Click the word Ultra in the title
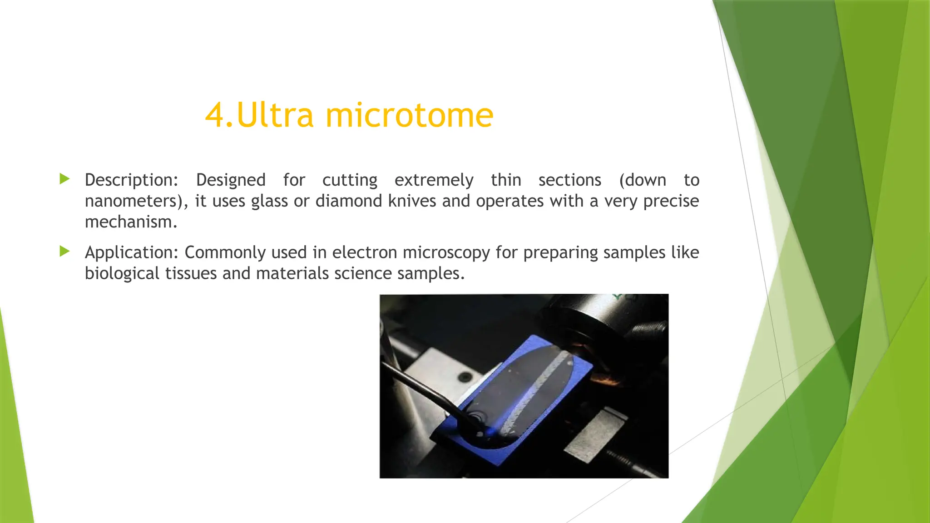[x=275, y=115]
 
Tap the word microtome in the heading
[x=409, y=115]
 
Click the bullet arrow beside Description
[x=64, y=179]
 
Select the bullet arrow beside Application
[x=64, y=251]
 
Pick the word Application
[x=131, y=252]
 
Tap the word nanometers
[x=134, y=201]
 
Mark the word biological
[x=122, y=274]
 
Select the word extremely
[x=434, y=180]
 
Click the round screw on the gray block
[x=464, y=377]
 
